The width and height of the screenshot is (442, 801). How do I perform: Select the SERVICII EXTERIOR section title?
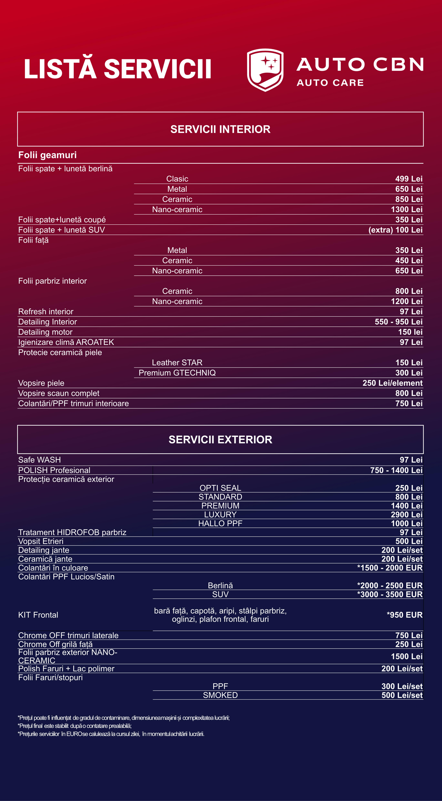coord(220,439)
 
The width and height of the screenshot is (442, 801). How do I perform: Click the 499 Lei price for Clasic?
coord(408,179)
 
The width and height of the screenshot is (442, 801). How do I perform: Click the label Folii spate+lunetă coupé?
coord(62,220)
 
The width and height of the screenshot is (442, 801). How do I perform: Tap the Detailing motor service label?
coord(45,332)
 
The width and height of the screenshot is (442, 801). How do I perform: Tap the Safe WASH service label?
coord(40,460)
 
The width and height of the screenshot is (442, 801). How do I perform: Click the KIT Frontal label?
coord(38,615)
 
